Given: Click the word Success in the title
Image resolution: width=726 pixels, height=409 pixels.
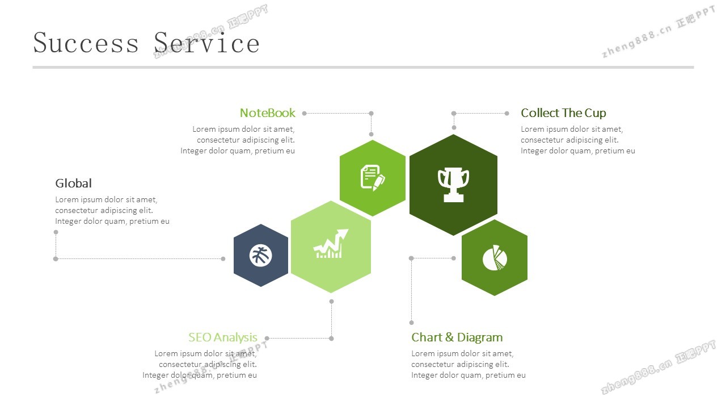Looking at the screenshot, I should pos(86,43).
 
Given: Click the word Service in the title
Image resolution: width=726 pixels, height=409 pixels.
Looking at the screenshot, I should pos(206,43).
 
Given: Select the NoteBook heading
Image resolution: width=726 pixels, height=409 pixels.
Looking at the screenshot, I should pos(267,113).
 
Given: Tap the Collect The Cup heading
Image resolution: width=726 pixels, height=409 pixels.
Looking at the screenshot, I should pos(563,113).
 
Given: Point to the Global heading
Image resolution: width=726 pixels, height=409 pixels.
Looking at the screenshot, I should pos(73,183).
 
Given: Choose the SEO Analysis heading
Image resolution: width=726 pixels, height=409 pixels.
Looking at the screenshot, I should pos(222,337).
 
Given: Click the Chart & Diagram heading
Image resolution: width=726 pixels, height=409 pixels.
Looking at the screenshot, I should pos(457,337).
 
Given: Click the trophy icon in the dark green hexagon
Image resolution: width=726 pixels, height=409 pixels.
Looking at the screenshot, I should pos(453,184).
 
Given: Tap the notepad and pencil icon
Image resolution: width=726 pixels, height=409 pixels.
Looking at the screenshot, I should pos(373,178).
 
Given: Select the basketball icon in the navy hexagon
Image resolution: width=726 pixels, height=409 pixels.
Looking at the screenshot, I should pos(261,256).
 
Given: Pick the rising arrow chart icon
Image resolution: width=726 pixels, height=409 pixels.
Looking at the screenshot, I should pos(331,245).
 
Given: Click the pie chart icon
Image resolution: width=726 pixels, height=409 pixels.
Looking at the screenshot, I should pos(495,258).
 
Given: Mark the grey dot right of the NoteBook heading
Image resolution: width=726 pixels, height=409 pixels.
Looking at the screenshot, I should pos(304,113).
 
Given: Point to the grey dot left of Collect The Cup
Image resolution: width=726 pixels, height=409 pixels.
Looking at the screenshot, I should pos(507,113).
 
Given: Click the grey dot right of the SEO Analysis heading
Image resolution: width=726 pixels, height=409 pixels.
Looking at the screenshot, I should pos(267,339).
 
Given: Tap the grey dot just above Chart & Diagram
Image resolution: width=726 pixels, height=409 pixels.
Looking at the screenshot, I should pos(412,323).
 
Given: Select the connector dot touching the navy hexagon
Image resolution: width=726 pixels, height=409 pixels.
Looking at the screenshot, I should pos(223,258).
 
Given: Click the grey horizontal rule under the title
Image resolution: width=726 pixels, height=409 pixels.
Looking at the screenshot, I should pos(363,67).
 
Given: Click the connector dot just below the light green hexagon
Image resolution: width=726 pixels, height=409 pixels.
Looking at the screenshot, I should pos(331,301).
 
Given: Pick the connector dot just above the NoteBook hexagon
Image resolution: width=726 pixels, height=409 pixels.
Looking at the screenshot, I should pos(372,134).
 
